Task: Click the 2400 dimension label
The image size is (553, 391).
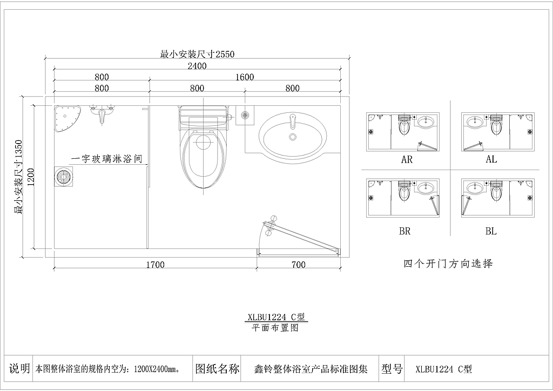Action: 197,66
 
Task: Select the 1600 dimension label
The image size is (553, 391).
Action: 245,77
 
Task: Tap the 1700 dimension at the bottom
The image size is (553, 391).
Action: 156,265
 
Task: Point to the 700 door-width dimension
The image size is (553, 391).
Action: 298,265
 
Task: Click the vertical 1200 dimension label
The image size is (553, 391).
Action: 30,177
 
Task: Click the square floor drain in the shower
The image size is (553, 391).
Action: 64,176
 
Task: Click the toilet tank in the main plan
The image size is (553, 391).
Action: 203,116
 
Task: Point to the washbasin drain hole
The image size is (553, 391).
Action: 292,137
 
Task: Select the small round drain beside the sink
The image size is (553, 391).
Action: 245,114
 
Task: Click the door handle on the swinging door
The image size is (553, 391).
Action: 271,225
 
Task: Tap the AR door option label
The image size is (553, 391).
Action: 407,160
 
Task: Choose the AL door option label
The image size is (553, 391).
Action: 491,159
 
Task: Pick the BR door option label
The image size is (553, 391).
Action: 405,231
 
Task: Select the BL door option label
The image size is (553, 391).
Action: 491,231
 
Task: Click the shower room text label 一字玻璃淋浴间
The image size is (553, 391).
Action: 107,159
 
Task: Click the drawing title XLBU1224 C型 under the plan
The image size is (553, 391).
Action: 276,317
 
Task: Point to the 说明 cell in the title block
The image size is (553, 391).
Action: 19,369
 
